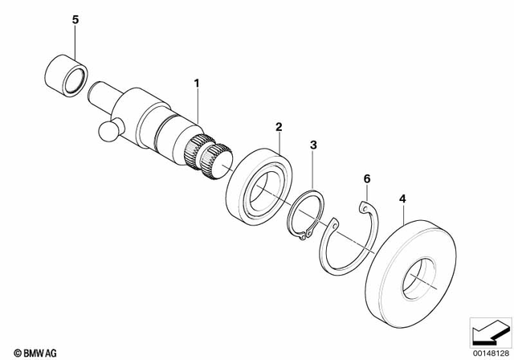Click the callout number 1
coord(194,82)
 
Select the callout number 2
coord(279,126)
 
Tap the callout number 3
coord(314,145)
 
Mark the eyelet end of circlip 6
coord(364,210)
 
